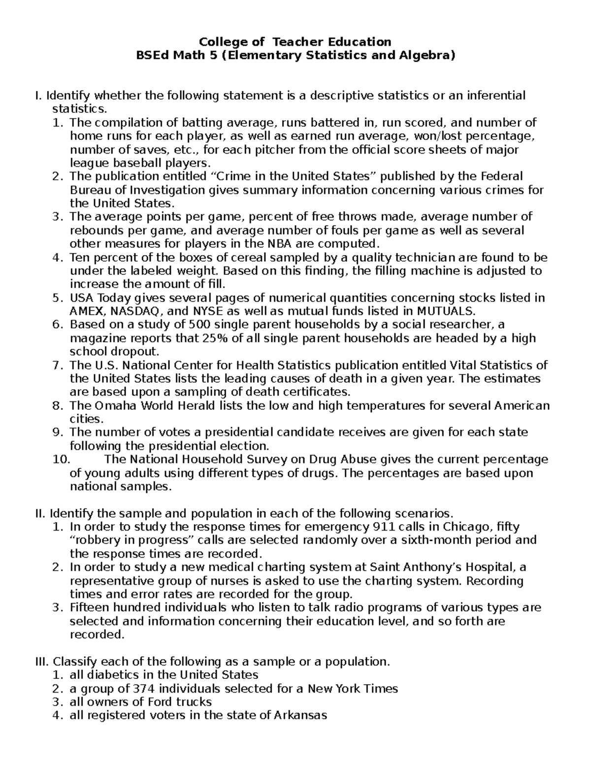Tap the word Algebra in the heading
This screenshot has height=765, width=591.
[425, 56]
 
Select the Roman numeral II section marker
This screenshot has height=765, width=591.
[40, 514]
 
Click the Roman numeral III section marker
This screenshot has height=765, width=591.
[42, 662]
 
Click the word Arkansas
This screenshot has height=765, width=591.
[300, 715]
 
